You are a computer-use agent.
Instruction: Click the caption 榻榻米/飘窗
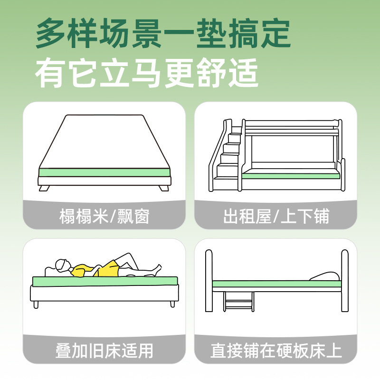104,217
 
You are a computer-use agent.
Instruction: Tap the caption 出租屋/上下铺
276,217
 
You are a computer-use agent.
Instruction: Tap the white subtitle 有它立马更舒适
147,72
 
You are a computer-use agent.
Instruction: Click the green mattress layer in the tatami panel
104,172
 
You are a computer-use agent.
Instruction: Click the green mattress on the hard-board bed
275,284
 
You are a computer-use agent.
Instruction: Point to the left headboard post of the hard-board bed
209,280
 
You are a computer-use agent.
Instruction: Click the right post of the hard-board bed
344,280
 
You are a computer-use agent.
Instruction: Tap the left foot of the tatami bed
44,188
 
